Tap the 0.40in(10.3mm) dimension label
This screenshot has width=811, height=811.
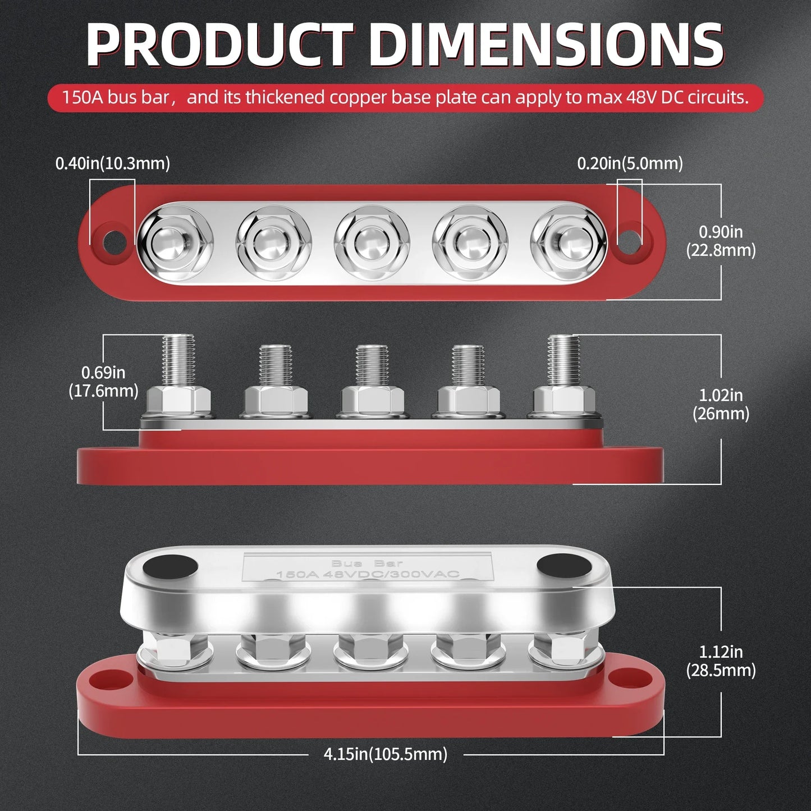click(112, 164)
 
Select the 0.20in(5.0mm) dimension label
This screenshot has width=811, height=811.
click(630, 164)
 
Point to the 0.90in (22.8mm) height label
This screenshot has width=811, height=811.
click(721, 241)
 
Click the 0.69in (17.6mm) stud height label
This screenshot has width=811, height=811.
click(103, 382)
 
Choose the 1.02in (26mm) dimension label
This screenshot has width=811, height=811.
click(721, 404)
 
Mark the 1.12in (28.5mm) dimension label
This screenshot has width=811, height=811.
click(721, 661)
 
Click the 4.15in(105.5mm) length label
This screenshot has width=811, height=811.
click(385, 754)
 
